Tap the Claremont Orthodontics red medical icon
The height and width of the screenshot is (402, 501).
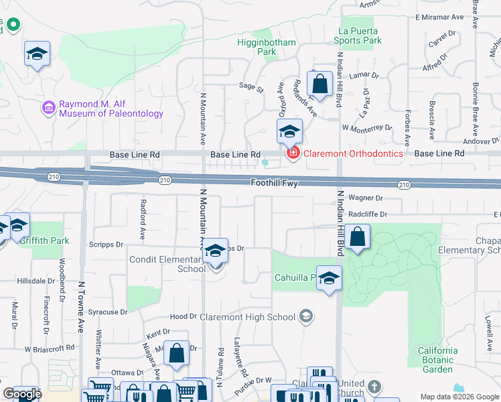[293, 153]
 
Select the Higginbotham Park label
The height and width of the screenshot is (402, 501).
[266, 46]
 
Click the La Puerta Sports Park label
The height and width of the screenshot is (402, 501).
[358, 36]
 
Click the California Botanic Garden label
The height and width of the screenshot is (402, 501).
[438, 360]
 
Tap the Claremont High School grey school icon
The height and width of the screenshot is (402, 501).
[306, 316]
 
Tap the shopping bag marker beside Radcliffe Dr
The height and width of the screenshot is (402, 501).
[358, 237]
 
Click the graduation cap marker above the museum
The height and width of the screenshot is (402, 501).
[38, 54]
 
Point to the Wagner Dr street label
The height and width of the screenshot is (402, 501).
[365, 198]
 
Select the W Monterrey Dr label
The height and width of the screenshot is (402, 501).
[366, 127]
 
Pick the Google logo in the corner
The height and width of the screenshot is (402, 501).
[21, 394]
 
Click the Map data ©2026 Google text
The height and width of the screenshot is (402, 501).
[459, 397]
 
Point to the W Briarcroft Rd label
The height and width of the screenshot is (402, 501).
[50, 348]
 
